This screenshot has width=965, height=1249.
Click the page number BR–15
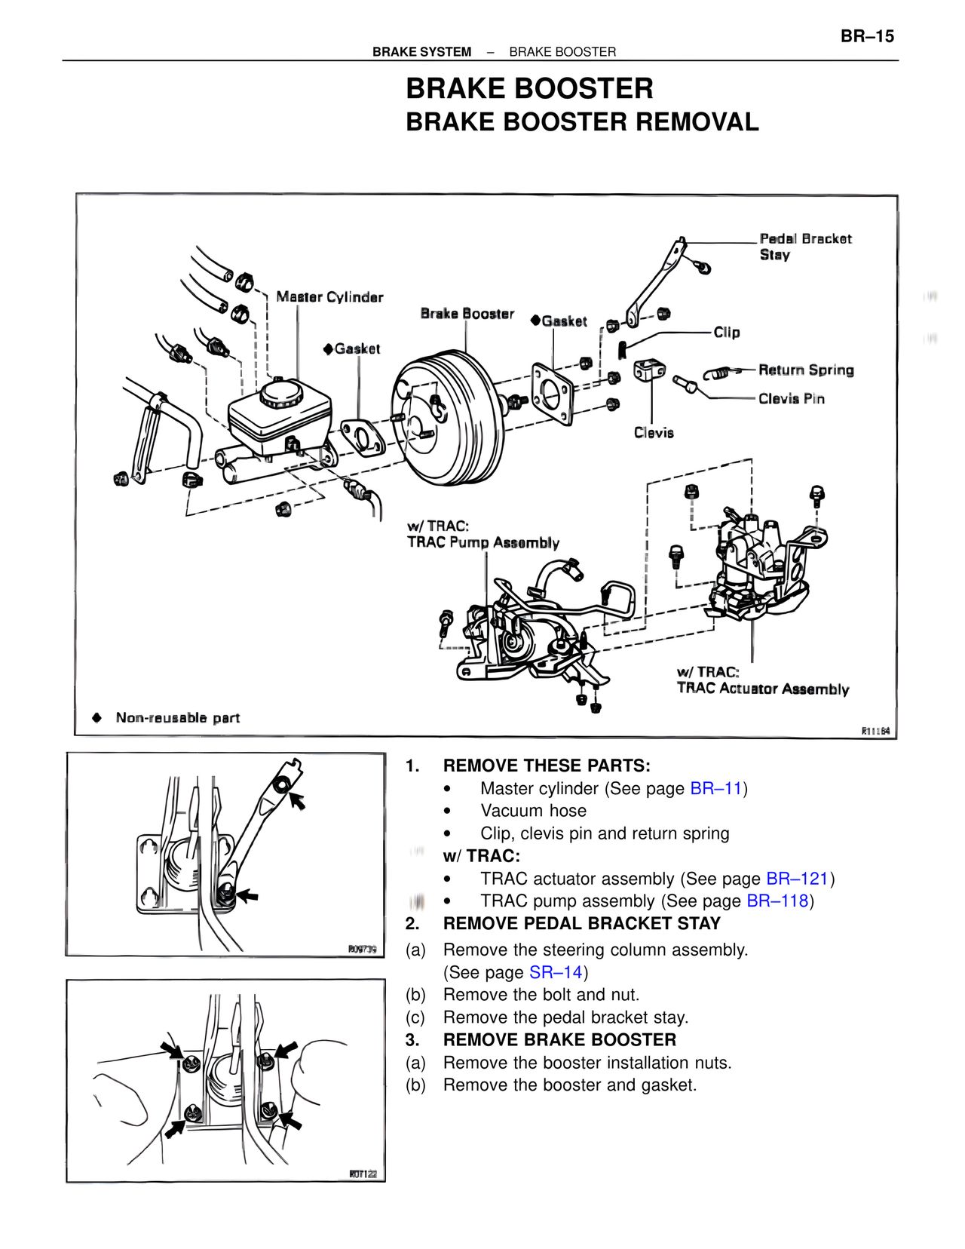click(867, 36)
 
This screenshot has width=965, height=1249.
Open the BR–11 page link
click(716, 788)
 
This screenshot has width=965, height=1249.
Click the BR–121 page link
click(797, 879)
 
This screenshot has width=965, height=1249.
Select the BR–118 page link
click(777, 901)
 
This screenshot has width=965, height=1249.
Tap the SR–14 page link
click(556, 972)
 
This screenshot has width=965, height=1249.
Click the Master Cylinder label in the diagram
click(329, 297)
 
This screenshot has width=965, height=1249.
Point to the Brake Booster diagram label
click(467, 314)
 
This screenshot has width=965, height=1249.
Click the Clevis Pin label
click(791, 399)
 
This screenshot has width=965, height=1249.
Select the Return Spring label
click(806, 370)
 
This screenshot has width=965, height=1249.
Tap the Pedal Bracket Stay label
click(804, 247)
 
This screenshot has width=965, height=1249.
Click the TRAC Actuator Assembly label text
click(762, 689)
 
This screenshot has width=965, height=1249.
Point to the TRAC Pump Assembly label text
click(482, 542)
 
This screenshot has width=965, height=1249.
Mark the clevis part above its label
click(649, 370)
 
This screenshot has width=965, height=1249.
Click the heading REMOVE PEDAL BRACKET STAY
click(581, 923)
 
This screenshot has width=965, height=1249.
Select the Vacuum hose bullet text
click(533, 811)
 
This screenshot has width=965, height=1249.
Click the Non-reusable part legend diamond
click(96, 717)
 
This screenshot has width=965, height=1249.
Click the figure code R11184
click(875, 731)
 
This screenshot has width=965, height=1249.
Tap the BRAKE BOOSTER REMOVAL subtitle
click(581, 122)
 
